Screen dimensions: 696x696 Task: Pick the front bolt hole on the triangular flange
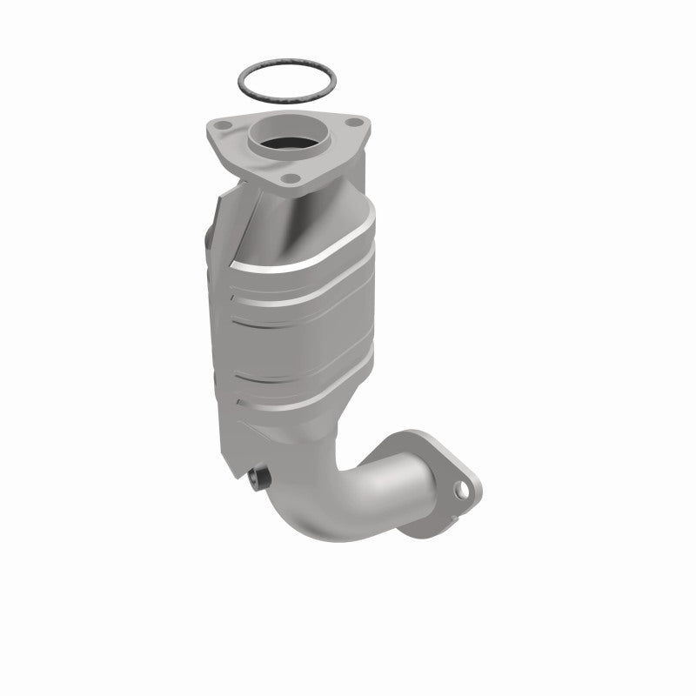(x=291, y=180)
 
